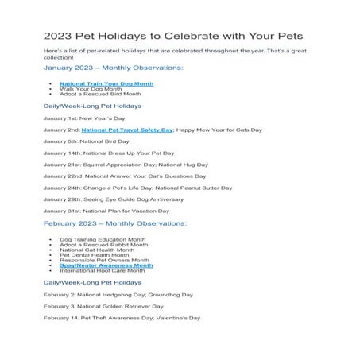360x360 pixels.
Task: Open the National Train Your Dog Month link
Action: point(106,83)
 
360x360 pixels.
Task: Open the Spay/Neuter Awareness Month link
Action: point(106,265)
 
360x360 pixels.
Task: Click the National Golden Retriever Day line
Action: point(103,306)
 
